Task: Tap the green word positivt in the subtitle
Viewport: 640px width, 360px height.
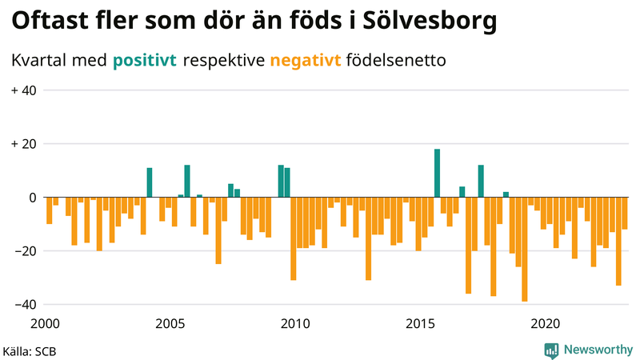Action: point(145,60)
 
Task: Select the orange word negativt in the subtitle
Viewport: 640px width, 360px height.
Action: point(306,60)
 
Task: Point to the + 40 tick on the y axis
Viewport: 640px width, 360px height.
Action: point(23,90)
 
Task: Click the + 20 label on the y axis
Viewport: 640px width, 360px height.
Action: point(23,144)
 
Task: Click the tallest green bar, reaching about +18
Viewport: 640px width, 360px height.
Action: point(437,173)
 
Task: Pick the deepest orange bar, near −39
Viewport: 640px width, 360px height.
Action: point(525,249)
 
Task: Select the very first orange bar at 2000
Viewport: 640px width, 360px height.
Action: point(49,210)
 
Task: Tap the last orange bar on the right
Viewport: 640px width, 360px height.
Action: point(625,213)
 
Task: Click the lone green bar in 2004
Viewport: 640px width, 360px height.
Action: point(150,182)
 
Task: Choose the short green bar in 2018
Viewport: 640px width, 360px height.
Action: point(506,194)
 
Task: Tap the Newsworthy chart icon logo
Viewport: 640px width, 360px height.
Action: point(551,350)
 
